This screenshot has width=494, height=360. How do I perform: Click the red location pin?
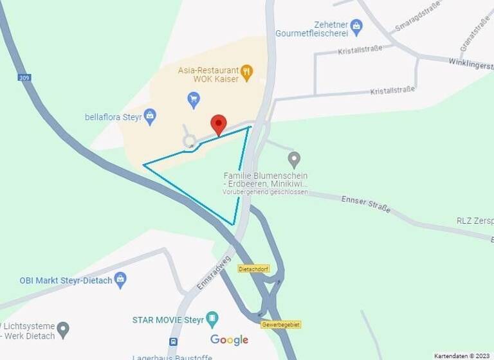pyautogui.click(x=219, y=123)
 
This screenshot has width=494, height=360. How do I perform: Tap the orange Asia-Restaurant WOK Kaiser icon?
pyautogui.click(x=246, y=71)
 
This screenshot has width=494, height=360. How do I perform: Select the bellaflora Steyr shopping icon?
pyautogui.click(x=150, y=116)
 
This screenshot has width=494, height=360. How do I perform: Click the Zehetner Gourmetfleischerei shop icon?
pyautogui.click(x=356, y=27)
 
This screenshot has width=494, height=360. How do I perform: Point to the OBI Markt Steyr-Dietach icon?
pyautogui.click(x=120, y=280)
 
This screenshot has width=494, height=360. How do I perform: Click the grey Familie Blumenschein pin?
pyautogui.click(x=294, y=159)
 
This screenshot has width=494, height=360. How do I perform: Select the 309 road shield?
pyautogui.click(x=24, y=78)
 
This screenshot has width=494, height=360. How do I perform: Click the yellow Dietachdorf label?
pyautogui.click(x=253, y=269)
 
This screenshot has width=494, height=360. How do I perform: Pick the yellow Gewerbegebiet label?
pyautogui.click(x=280, y=325)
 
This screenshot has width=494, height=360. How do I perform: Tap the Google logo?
pyautogui.click(x=229, y=339)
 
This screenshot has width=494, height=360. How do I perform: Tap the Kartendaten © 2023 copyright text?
pyautogui.click(x=462, y=355)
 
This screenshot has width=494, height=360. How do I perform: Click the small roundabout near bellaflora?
pyautogui.click(x=189, y=141)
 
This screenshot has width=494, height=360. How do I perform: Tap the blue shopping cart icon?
pyautogui.click(x=194, y=100)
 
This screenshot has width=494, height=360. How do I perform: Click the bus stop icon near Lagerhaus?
pyautogui.click(x=173, y=341)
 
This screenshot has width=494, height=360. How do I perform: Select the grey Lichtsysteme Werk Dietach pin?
pyautogui.click(x=62, y=330)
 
